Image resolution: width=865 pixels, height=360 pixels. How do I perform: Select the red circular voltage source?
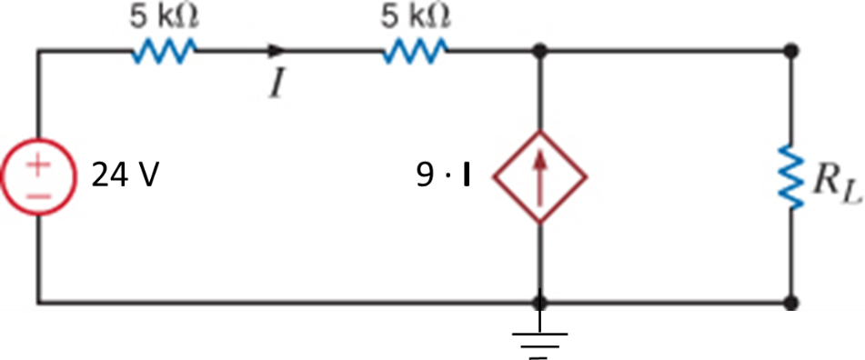[37, 175]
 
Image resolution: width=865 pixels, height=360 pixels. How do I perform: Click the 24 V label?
[126, 175]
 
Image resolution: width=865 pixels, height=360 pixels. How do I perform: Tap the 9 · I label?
[444, 175]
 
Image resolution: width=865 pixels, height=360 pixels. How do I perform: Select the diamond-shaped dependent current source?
[540, 175]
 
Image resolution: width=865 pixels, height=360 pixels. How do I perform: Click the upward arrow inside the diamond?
[540, 174]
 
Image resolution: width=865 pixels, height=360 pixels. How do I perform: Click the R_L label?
[832, 184]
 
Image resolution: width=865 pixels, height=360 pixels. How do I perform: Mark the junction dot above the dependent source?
[540, 52]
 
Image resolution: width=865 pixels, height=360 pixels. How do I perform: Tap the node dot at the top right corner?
[794, 52]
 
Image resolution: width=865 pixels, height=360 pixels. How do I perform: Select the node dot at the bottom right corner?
[794, 301]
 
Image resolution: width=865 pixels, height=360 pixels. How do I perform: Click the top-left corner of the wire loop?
[38, 52]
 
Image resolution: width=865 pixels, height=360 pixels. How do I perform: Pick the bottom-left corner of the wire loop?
[38, 301]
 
